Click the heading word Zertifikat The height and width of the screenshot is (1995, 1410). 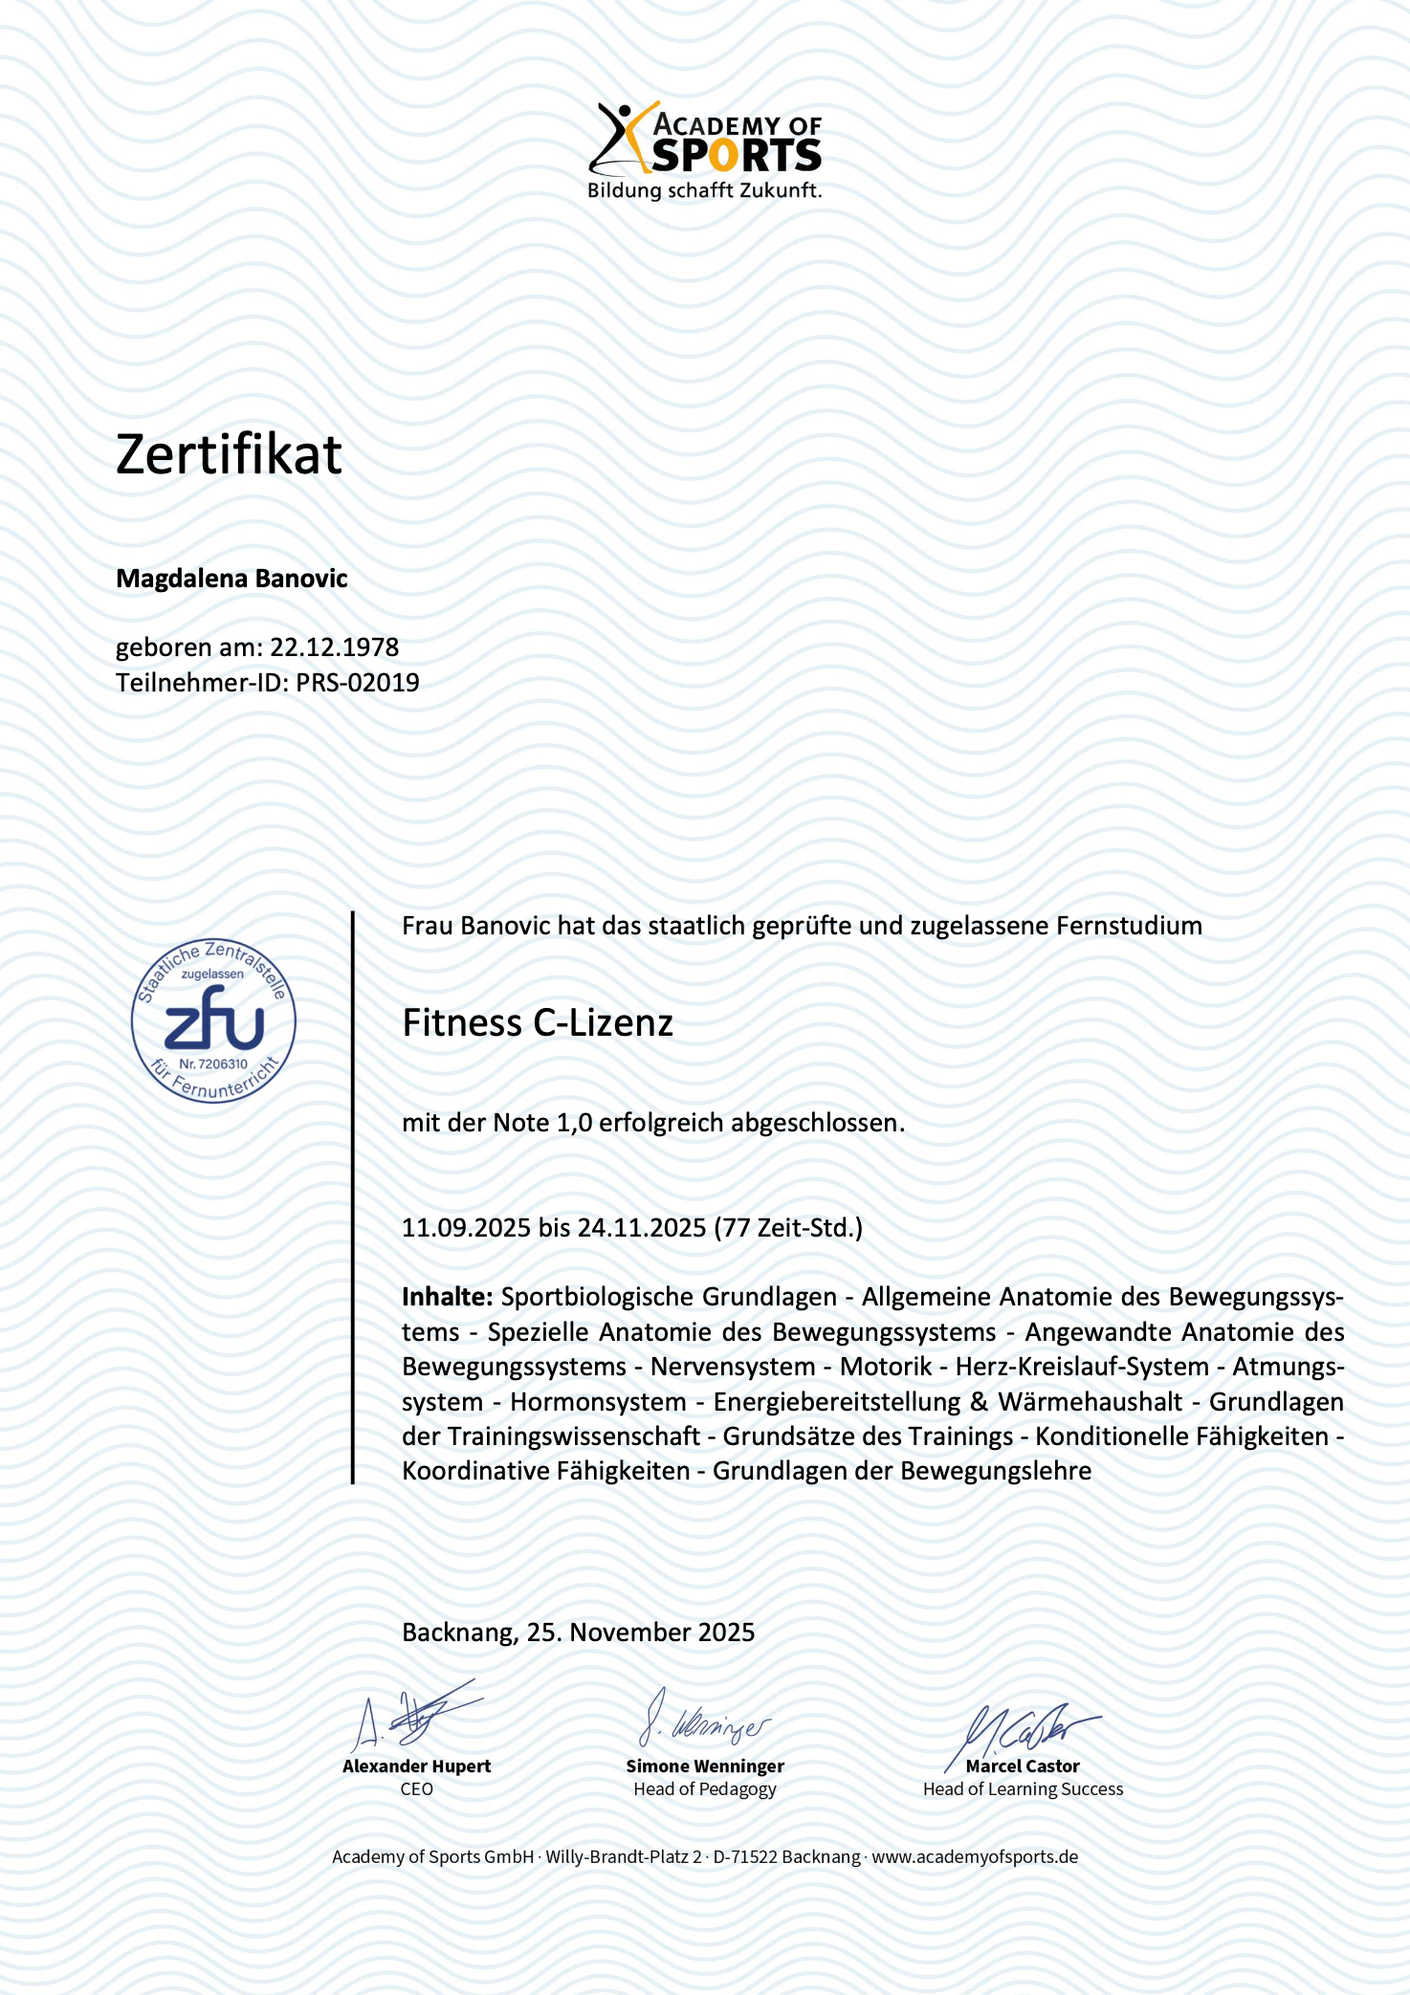coord(229,454)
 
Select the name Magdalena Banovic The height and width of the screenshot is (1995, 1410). coord(231,579)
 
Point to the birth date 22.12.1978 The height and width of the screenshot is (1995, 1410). coord(334,647)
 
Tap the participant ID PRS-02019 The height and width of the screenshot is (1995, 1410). coord(358,683)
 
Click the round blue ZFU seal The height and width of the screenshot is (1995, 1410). coord(213,1020)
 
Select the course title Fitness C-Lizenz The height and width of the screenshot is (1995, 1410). coord(538,1023)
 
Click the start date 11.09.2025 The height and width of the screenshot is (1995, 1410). coord(466,1228)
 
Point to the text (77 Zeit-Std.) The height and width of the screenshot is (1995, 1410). coord(788,1228)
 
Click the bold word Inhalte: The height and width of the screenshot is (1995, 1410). coord(447,1297)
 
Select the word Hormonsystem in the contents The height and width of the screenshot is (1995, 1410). coord(598,1402)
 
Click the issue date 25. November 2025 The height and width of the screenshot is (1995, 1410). coord(641,1633)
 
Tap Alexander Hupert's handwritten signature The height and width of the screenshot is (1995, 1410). coord(417,1719)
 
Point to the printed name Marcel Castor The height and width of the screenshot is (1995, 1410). coord(1023,1766)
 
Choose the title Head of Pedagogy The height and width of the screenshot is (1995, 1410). coord(705,1789)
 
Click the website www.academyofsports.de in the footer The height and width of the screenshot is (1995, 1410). coord(975,1857)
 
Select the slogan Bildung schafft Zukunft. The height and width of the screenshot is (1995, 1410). coord(705,190)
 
